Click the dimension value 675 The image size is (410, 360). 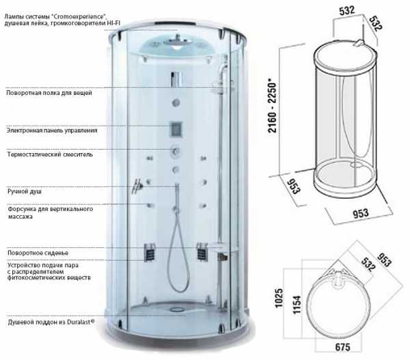tap(342, 347)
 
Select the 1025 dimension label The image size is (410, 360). tap(279, 298)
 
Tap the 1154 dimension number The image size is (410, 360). tap(297, 304)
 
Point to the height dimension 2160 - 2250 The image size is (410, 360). tap(272, 107)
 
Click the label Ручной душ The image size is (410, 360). tap(25, 192)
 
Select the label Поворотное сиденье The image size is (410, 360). tap(38, 253)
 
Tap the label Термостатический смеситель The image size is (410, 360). tap(50, 154)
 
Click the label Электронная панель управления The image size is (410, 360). tap(52, 130)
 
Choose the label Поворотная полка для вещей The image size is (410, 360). tap(49, 93)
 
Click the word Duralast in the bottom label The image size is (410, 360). tap(81, 322)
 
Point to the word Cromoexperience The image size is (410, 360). tap(78, 16)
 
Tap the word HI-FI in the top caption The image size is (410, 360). tap(113, 23)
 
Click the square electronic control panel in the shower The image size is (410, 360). tap(176, 129)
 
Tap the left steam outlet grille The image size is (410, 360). tap(150, 251)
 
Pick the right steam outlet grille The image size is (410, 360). tap(202, 251)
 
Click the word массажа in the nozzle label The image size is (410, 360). tap(20, 217)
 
